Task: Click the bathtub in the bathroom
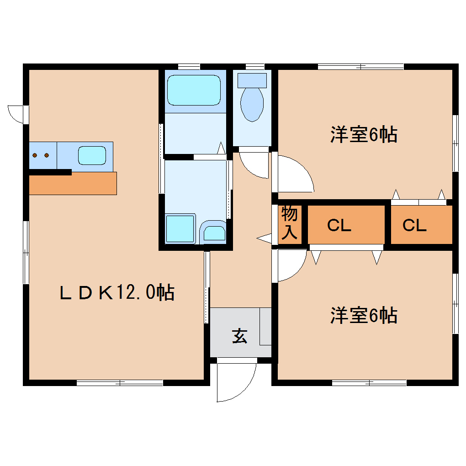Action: click(194, 90)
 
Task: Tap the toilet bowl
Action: click(252, 104)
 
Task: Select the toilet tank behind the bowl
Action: click(252, 80)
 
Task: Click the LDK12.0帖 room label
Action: click(117, 292)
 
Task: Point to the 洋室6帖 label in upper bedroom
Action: click(364, 135)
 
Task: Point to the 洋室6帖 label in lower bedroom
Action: click(364, 316)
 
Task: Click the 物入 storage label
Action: click(290, 223)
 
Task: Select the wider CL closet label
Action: click(339, 225)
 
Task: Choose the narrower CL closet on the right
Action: click(414, 225)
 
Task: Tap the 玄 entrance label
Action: click(239, 336)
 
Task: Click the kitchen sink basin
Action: click(91, 155)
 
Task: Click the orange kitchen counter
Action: click(73, 184)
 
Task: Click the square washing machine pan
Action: click(180, 228)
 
